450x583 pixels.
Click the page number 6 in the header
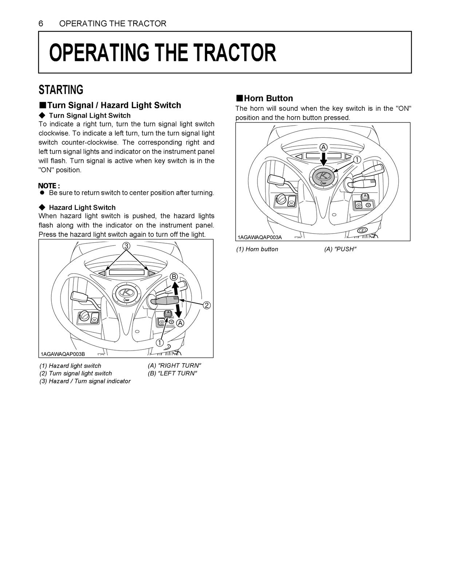pyautogui.click(x=41, y=24)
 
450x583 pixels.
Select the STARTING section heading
pyautogui.click(x=61, y=90)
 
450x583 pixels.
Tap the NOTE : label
pyautogui.click(x=49, y=185)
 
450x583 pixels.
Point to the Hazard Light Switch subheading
pyautogui.click(x=82, y=207)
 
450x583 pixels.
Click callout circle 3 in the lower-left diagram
pyautogui.click(x=126, y=246)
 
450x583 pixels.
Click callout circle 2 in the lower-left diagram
pyautogui.click(x=206, y=305)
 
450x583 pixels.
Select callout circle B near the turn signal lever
pyautogui.click(x=174, y=277)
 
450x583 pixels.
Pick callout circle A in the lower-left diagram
pyautogui.click(x=180, y=323)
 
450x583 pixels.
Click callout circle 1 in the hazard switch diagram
pyautogui.click(x=159, y=343)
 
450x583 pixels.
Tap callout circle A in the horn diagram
pyautogui.click(x=323, y=147)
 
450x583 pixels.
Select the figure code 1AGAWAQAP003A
pyautogui.click(x=260, y=237)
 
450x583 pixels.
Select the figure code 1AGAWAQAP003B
pyautogui.click(x=63, y=354)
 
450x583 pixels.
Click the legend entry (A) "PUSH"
pyautogui.click(x=340, y=249)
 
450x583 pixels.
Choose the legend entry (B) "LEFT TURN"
pyautogui.click(x=172, y=373)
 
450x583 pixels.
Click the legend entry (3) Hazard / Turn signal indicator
pyautogui.click(x=85, y=381)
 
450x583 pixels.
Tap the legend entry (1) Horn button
pyautogui.click(x=257, y=249)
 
